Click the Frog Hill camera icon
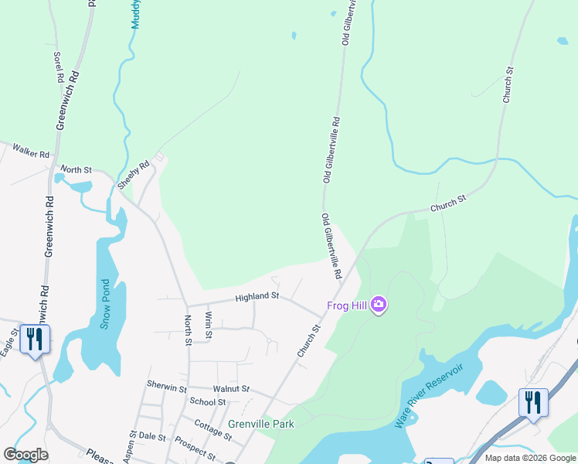tap(378, 305)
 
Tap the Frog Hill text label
tap(347, 305)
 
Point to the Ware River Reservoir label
tap(429, 395)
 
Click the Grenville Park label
tap(261, 424)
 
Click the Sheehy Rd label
tap(132, 176)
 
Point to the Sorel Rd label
tap(57, 67)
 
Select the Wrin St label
tap(208, 325)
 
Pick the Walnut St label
tap(233, 388)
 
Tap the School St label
tap(207, 401)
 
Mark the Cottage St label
tap(213, 431)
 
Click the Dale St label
tap(152, 437)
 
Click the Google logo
tap(25, 455)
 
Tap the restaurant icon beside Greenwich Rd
tap(35, 339)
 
